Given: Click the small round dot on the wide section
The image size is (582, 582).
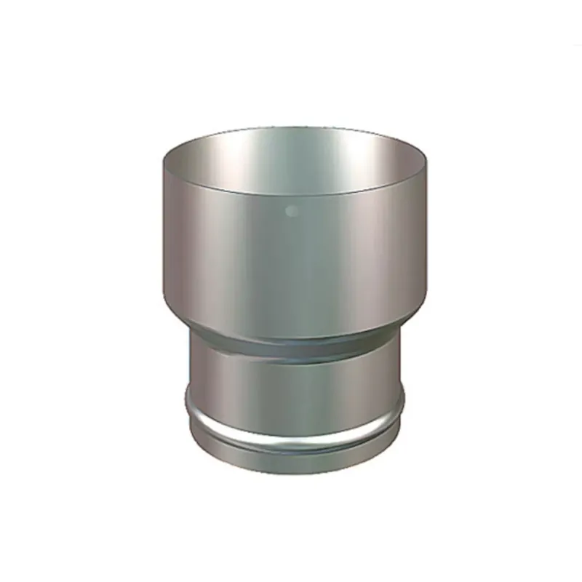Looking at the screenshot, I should (x=292, y=212).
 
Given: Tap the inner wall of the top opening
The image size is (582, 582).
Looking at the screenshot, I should (x=291, y=156).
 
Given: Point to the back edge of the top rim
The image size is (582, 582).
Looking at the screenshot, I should (x=291, y=128).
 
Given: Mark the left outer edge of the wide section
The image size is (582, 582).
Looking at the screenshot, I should (x=162, y=233).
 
